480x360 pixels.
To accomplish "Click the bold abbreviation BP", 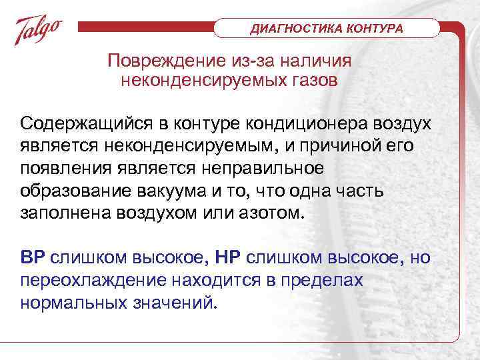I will tap(33, 259).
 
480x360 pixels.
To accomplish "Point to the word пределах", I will tap(327, 279).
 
